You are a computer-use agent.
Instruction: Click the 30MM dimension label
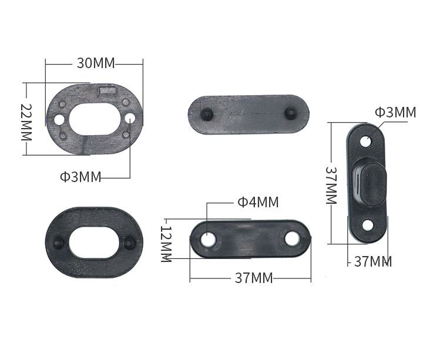[x=96, y=63]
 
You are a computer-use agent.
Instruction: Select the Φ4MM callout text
[x=258, y=202]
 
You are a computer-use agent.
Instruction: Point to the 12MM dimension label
[x=166, y=244]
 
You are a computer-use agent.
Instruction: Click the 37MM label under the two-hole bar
[x=254, y=278]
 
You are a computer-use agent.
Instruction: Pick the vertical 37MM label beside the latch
[x=331, y=186]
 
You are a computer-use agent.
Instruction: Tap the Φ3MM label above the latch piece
[x=395, y=112]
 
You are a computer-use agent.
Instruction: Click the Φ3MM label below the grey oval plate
[x=80, y=177]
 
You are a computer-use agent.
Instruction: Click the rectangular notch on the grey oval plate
[x=108, y=90]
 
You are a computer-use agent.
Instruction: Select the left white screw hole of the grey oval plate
[x=59, y=119]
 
